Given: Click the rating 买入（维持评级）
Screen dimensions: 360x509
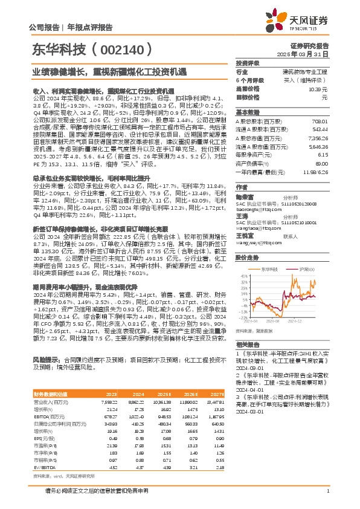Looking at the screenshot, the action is pos(309,80).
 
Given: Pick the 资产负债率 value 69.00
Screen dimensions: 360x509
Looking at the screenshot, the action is pos(322,164).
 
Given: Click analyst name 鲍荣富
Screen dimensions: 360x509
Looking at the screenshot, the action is pos(243,197).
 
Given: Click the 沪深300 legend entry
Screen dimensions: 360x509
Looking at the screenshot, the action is pos(305,268).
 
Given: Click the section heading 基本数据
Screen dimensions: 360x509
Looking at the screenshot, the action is pos(247,113).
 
